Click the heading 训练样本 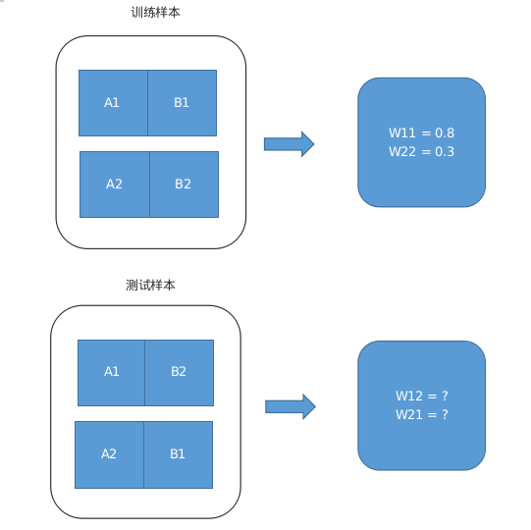click(x=155, y=13)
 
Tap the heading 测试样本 click(x=150, y=285)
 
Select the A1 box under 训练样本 click(x=113, y=103)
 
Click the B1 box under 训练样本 click(x=183, y=103)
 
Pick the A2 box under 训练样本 click(x=115, y=185)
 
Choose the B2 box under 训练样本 click(x=185, y=185)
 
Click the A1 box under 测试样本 click(x=111, y=373)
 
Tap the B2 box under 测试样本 click(x=180, y=373)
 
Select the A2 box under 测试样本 click(x=109, y=454)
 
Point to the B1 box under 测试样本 click(x=178, y=454)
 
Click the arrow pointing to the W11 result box click(x=290, y=144)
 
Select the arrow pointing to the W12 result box click(x=291, y=406)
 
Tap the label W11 click(x=402, y=132)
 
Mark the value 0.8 click(x=445, y=132)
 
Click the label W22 click(x=402, y=151)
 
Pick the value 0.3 click(x=445, y=151)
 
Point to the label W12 click(x=409, y=396)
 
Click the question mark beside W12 click(x=445, y=396)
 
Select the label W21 click(x=409, y=414)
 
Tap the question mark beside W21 click(x=445, y=414)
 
